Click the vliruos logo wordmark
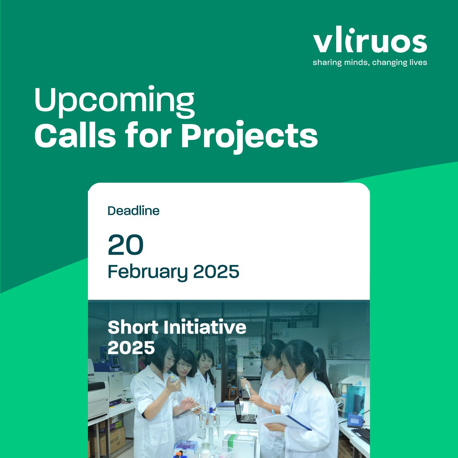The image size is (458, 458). [x=369, y=43]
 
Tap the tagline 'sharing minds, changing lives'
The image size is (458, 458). [x=369, y=62]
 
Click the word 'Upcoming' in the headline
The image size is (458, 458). [x=114, y=100]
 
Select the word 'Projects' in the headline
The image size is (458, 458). [x=249, y=136]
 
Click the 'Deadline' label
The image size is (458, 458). [x=133, y=211]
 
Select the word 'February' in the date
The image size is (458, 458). [x=147, y=272]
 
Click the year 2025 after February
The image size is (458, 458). [x=216, y=272]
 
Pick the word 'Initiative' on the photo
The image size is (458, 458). [x=203, y=327]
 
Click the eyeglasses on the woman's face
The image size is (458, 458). [x=185, y=366]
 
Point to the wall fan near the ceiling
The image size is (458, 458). [x=311, y=308]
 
